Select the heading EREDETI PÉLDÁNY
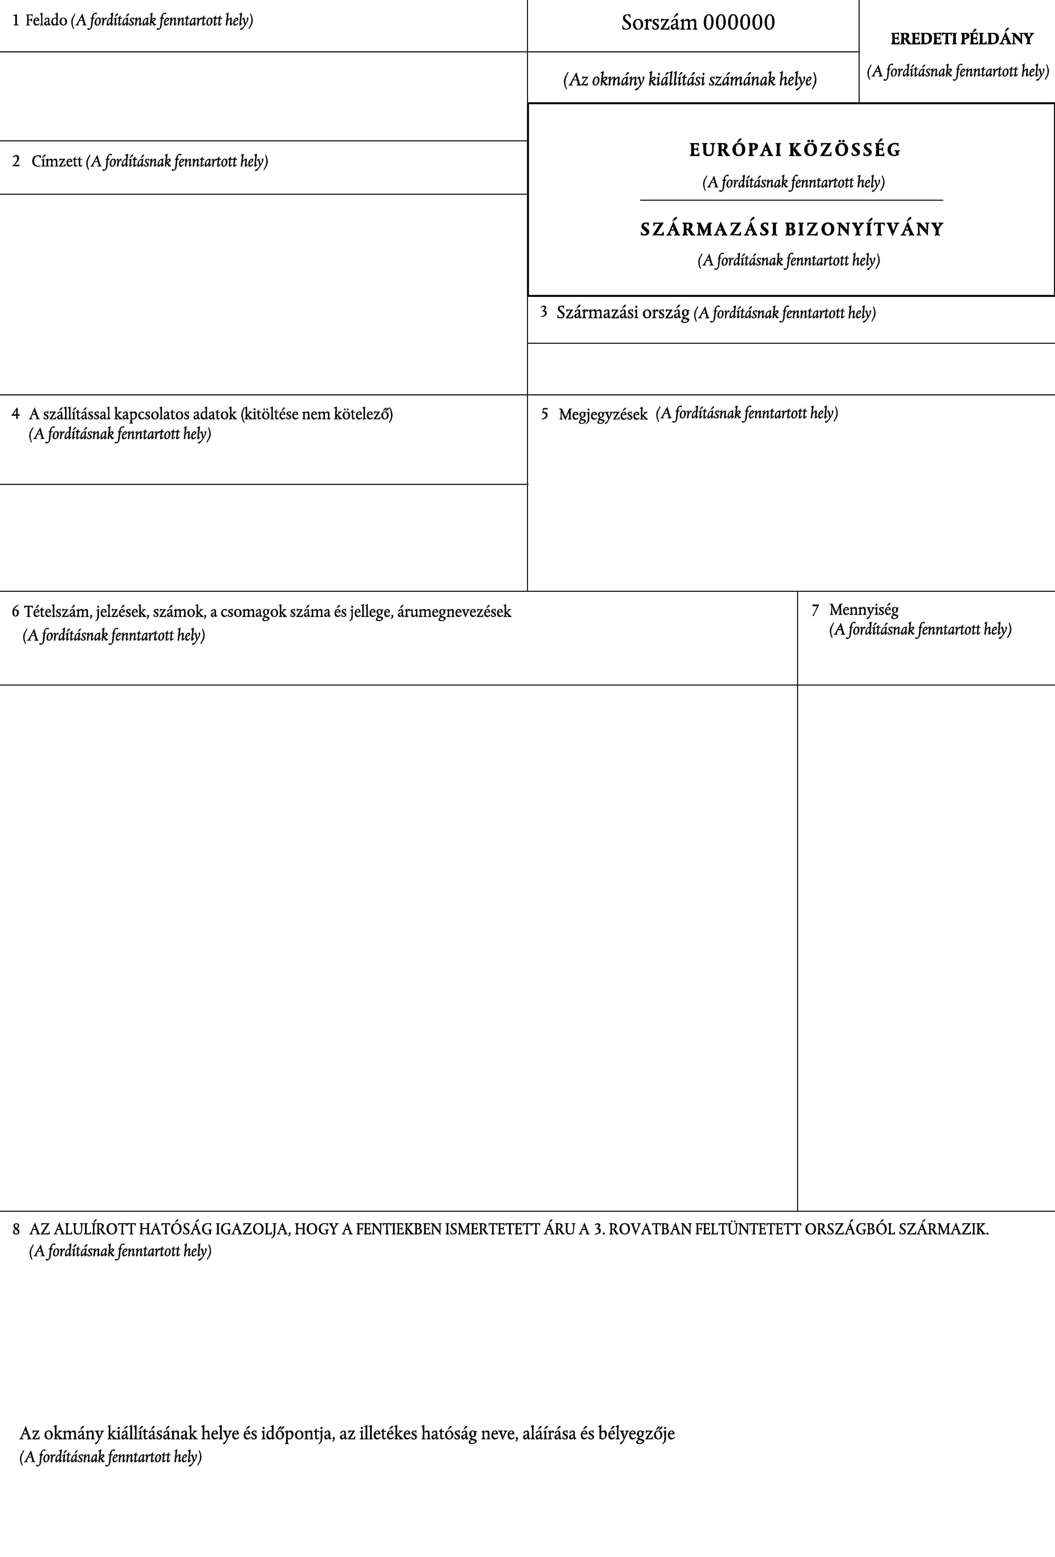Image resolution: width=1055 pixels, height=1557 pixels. tap(962, 39)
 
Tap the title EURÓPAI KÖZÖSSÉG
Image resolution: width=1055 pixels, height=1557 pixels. tap(795, 149)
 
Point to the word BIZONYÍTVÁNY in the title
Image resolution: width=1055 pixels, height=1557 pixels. tap(864, 229)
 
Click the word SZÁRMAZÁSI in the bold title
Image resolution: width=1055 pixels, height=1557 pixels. tap(709, 229)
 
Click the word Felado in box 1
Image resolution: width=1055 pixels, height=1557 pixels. tap(46, 21)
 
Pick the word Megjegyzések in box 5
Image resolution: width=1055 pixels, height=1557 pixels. tap(603, 414)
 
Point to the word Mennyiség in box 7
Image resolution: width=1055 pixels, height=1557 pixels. tap(863, 610)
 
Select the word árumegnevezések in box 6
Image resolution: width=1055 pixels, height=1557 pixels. tap(453, 612)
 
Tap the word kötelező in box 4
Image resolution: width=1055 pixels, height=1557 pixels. tap(363, 414)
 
